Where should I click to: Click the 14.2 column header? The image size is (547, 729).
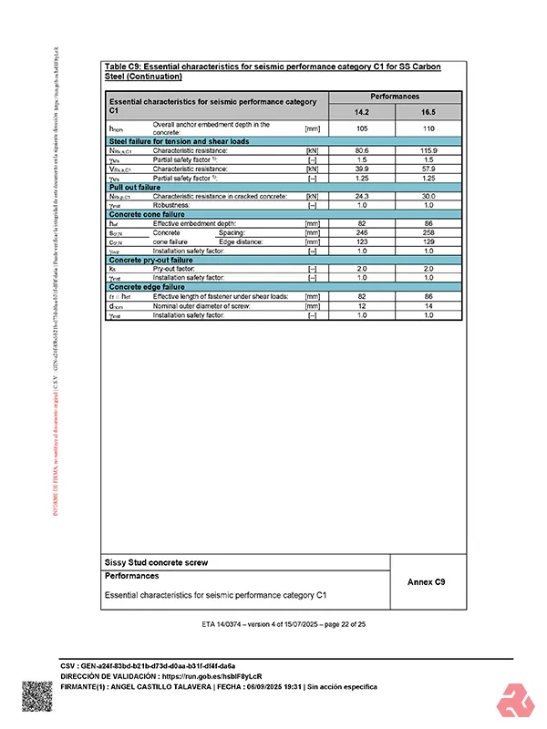362,111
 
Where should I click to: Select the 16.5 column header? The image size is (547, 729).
428,111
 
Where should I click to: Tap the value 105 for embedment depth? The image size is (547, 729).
362,128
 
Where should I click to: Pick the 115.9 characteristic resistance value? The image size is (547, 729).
428,149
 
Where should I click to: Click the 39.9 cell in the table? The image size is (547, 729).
362,169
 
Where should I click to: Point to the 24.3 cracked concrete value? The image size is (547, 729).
362,196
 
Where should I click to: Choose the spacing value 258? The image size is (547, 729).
428,232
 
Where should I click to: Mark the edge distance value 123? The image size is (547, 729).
362,241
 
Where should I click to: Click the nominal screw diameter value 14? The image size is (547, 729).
428,305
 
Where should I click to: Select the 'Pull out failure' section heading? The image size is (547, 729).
135,187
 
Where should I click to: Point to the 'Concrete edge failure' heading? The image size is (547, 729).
147,287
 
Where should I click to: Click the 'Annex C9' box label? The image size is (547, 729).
427,580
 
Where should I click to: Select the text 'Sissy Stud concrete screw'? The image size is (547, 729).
156,562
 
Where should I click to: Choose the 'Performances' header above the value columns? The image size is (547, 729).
395,96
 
